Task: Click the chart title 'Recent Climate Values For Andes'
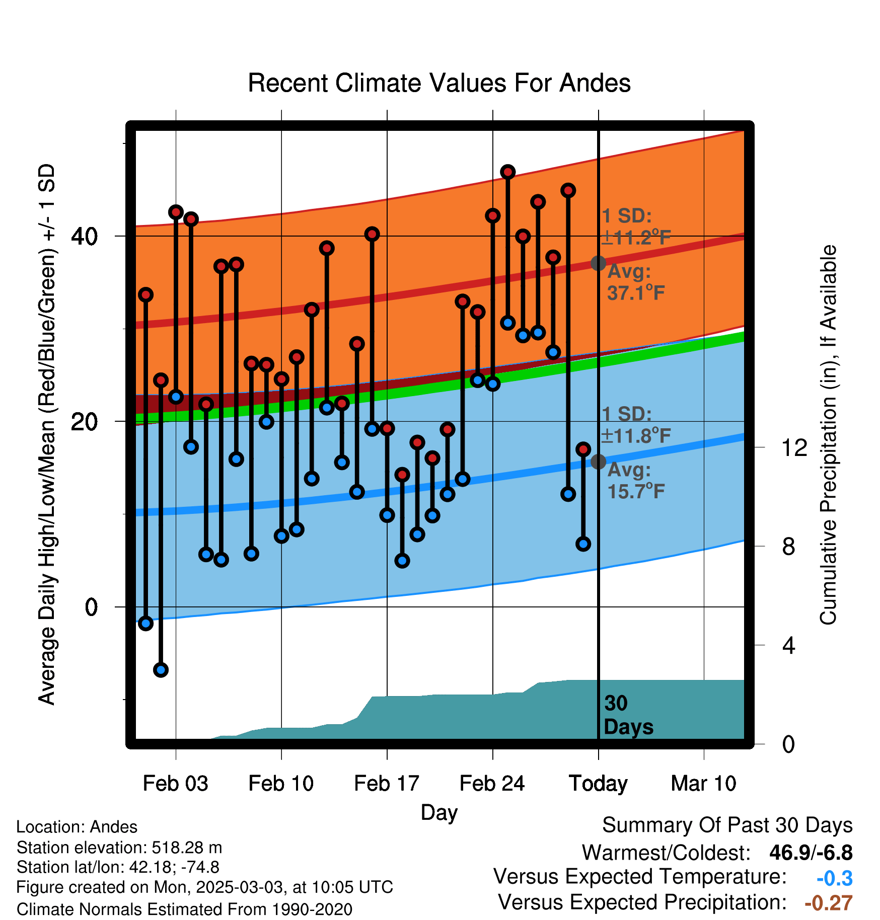(439, 83)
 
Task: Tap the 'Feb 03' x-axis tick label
(175, 784)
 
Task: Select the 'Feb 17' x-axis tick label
(387, 784)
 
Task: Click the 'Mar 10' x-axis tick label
(703, 784)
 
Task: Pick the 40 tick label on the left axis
(85, 236)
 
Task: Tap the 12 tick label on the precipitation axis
(794, 447)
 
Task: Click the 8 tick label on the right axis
(788, 547)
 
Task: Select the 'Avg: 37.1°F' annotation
(636, 282)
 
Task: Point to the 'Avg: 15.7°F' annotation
(636, 481)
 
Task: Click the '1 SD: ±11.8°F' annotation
(636, 425)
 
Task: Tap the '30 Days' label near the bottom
(628, 715)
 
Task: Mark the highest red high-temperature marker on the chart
(507, 172)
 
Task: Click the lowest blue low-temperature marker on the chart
(161, 670)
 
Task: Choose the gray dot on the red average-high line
(598, 263)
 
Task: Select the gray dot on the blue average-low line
(598, 462)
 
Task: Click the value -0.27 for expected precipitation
(829, 903)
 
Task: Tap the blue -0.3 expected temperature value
(835, 878)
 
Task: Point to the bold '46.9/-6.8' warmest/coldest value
(811, 853)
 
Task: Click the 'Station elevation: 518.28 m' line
(119, 848)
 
